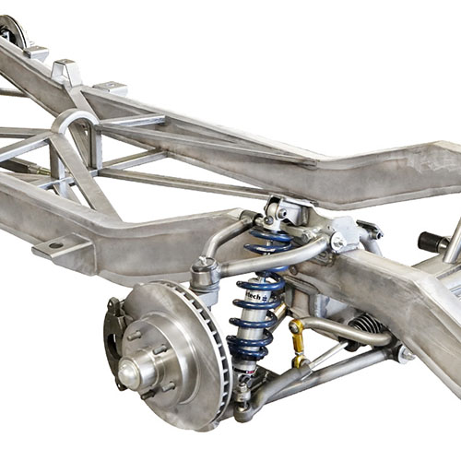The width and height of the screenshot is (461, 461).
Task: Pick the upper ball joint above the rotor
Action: (x=204, y=272)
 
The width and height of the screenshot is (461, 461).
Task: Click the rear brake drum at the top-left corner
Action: (x=12, y=32)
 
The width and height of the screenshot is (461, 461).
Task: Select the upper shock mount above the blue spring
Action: (x=277, y=210)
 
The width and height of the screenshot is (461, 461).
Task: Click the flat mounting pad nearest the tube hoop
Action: (x=110, y=89)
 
